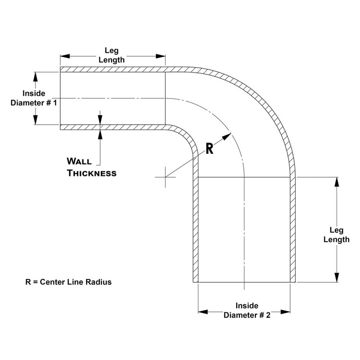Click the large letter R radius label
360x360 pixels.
coord(209,149)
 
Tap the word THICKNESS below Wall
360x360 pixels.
coord(92,173)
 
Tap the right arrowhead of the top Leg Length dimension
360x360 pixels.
coord(162,57)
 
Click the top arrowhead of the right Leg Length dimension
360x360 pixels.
coord(337,181)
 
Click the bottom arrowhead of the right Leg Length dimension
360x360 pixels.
coord(337,278)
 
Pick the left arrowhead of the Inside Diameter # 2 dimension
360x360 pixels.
coord(202,311)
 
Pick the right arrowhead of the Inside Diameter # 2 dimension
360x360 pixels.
coord(287,311)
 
